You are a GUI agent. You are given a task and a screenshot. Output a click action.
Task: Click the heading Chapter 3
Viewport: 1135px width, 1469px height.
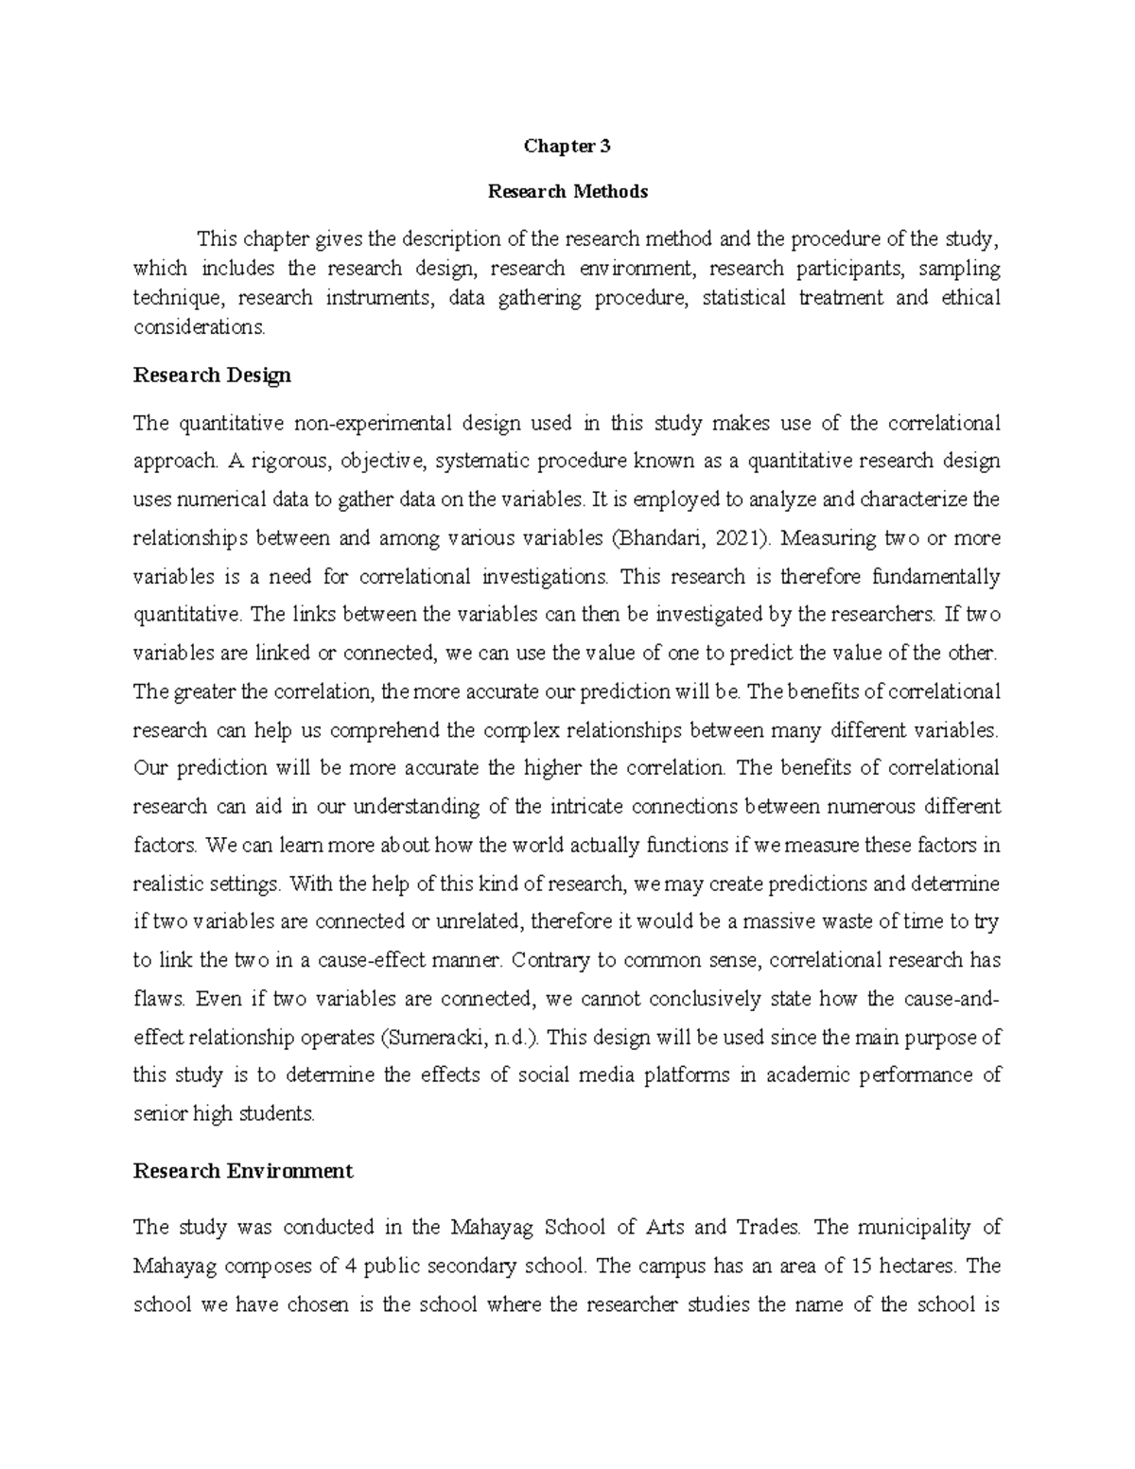point(567,147)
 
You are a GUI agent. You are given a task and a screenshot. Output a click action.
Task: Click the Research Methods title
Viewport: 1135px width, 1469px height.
point(567,192)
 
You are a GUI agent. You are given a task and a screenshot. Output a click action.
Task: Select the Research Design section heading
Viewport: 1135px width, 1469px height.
point(212,376)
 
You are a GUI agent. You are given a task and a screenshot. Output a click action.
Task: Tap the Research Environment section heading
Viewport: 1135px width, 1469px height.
point(243,1171)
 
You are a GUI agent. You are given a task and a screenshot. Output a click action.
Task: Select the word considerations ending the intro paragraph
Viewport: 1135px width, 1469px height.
point(199,327)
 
